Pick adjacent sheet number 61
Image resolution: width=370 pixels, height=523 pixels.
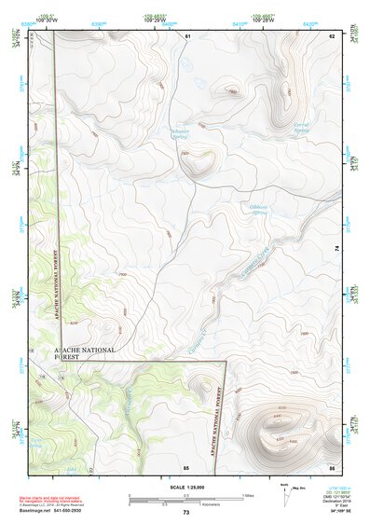pyautogui.click(x=186, y=35)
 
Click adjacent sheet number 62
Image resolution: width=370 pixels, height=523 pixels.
pyautogui.click(x=330, y=35)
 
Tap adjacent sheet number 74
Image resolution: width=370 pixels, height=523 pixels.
pyautogui.click(x=336, y=249)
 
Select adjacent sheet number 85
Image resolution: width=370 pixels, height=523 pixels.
pyautogui.click(x=186, y=466)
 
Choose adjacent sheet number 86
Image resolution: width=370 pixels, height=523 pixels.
pyautogui.click(x=330, y=466)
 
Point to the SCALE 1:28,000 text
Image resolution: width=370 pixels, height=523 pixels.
pyautogui.click(x=185, y=488)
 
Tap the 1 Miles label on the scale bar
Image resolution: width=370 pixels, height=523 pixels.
pyautogui.click(x=248, y=494)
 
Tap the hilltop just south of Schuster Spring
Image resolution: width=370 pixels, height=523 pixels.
pyautogui.click(x=198, y=164)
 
